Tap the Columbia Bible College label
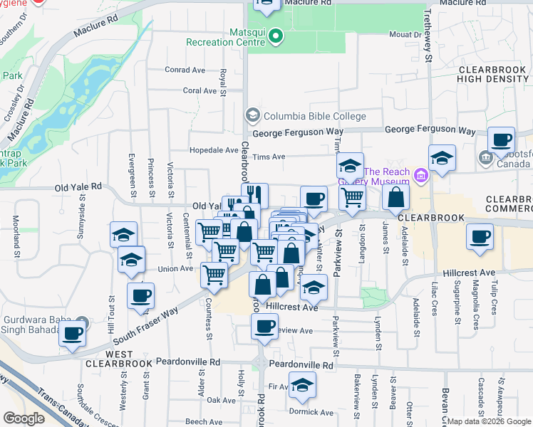pos(314,116)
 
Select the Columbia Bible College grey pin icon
pos(252,115)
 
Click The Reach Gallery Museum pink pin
pos(421,174)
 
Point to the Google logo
pos(24,418)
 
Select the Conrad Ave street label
pos(185,70)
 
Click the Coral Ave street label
pos(198,90)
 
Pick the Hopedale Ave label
pos(214,150)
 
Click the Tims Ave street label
pos(269,157)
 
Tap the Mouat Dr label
pos(404,34)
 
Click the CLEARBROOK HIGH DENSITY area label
pos(492,74)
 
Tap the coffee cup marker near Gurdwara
pos(72,333)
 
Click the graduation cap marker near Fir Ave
pos(303,385)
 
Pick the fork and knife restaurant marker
pos(254,194)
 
